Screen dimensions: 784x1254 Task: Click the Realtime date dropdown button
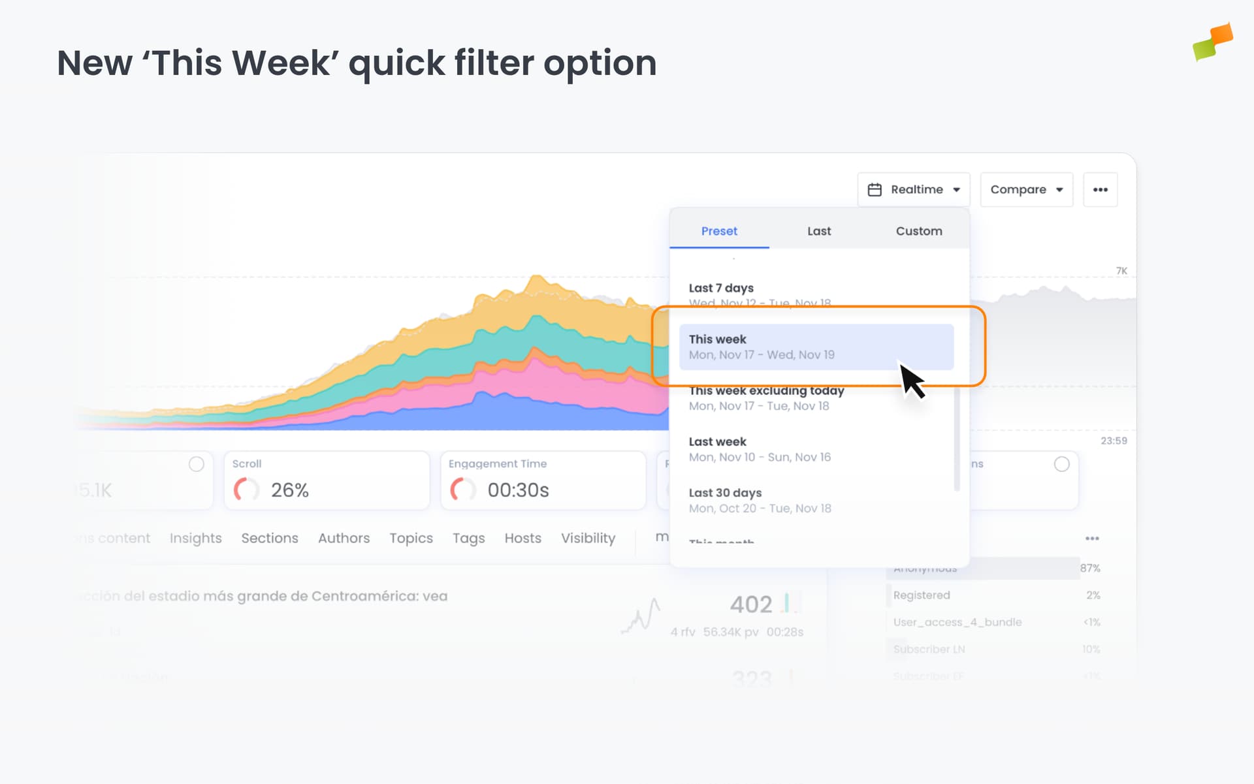click(913, 190)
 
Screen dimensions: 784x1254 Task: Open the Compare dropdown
click(1026, 190)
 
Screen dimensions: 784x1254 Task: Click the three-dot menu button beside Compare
click(1100, 190)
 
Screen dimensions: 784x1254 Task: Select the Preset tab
click(719, 231)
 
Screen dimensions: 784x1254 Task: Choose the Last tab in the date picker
click(819, 231)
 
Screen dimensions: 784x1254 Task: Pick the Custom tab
click(918, 231)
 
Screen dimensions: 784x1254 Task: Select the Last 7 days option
click(721, 289)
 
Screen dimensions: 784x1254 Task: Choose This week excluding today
click(766, 398)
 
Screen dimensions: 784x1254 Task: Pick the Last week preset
click(759, 449)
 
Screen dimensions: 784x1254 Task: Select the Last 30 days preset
click(759, 500)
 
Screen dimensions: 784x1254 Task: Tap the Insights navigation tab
click(195, 538)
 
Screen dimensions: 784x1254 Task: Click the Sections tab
click(270, 538)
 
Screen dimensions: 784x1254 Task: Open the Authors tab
click(344, 538)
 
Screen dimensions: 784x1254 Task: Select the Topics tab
click(411, 538)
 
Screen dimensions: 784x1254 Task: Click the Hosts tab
click(522, 538)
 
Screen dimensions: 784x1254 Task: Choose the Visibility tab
click(588, 538)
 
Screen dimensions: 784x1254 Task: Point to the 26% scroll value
click(289, 490)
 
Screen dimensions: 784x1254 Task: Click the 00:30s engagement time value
click(518, 490)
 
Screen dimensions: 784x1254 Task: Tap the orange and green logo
click(1212, 42)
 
